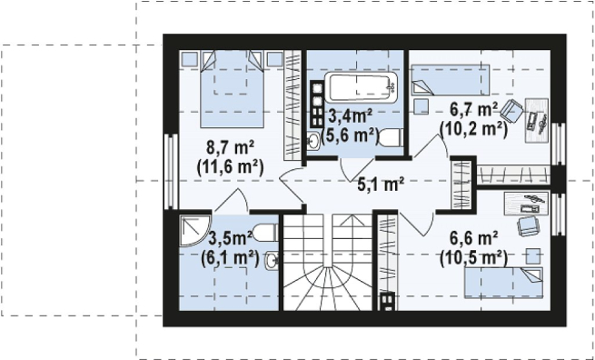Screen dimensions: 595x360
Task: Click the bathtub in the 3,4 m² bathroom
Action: pos(361,87)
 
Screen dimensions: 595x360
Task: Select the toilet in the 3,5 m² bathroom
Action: pos(265,232)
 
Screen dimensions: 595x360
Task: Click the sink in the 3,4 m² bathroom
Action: pos(313,141)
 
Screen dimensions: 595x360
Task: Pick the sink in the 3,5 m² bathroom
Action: pos(272,260)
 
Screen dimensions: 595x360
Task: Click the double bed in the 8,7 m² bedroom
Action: pos(232,89)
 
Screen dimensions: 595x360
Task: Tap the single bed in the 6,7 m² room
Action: pos(451,80)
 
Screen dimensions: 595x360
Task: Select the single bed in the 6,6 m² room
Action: pos(503,283)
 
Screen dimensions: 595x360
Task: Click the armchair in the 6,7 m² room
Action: pos(511,111)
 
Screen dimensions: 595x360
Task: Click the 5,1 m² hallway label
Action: pos(381,185)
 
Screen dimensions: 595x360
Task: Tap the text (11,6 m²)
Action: pos(230,166)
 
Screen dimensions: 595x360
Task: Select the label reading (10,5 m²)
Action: pos(473,258)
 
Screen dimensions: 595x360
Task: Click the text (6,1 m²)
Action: pos(230,259)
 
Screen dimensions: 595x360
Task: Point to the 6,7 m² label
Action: pos(474,110)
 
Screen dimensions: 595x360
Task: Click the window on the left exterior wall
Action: pos(171,171)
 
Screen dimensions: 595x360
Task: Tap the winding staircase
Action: pos(328,262)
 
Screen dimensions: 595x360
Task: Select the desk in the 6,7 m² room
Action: pos(537,120)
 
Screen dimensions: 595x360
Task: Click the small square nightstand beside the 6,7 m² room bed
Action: pos(421,106)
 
